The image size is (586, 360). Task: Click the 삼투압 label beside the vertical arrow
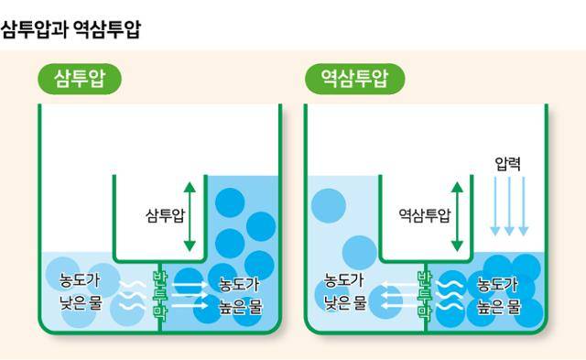[165, 216]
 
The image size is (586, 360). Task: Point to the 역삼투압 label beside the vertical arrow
[424, 216]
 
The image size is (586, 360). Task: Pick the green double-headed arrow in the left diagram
[190, 216]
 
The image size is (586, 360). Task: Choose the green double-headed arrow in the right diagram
[458, 216]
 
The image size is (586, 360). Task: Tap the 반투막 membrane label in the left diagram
[160, 294]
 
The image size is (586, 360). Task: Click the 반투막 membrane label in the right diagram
[425, 294]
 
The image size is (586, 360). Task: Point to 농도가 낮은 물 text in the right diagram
[344, 290]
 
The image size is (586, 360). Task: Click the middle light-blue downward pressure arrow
[510, 207]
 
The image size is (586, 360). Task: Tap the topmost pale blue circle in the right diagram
[328, 205]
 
